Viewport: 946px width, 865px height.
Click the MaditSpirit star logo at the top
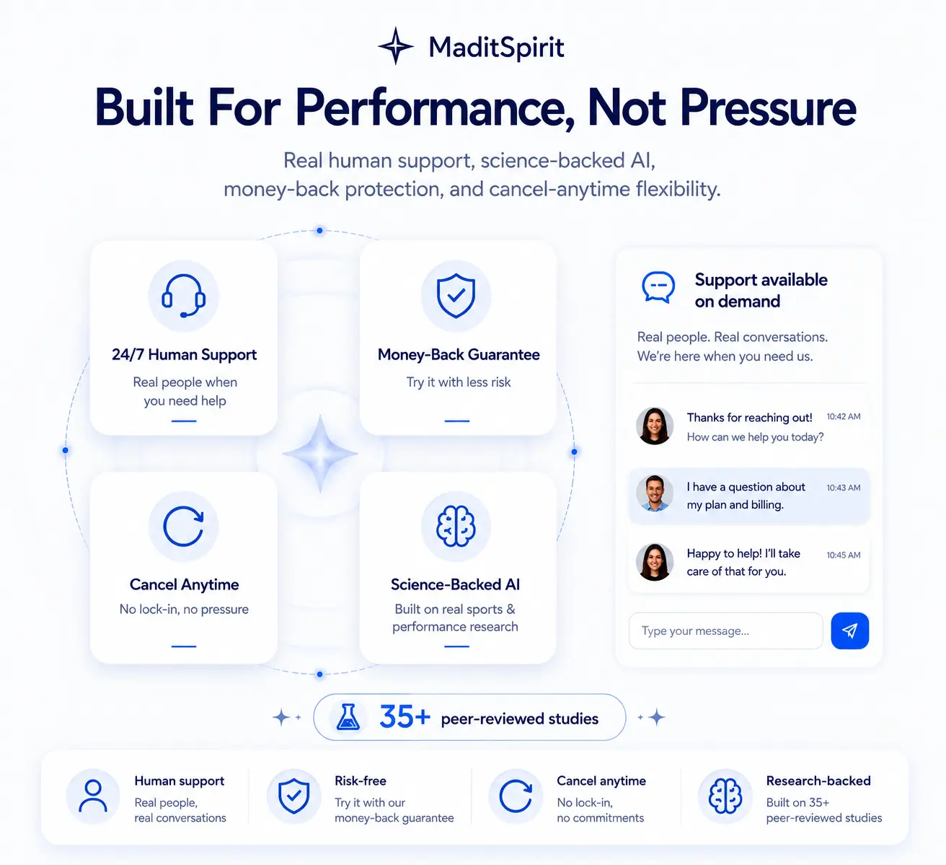click(396, 45)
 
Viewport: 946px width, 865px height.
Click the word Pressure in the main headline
click(768, 108)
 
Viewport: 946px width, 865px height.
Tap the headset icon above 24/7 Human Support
click(183, 296)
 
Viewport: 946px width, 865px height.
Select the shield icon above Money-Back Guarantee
click(456, 295)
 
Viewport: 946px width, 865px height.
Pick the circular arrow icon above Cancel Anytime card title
click(183, 526)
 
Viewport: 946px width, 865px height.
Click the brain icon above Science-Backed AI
click(456, 526)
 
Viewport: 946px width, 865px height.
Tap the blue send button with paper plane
click(850, 631)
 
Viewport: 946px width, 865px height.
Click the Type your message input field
click(726, 631)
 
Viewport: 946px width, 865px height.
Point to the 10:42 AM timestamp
click(843, 417)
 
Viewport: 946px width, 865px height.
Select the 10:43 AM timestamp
click(843, 488)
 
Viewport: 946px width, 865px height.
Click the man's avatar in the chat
click(655, 493)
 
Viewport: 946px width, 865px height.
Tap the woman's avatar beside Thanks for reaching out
click(655, 426)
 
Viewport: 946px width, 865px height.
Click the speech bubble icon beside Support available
click(658, 287)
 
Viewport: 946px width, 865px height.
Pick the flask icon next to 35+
click(348, 717)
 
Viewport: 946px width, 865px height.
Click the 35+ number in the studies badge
click(405, 717)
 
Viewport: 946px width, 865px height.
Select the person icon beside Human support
click(93, 796)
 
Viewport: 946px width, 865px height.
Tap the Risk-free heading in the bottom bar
click(361, 781)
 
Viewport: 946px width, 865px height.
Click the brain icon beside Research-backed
click(725, 796)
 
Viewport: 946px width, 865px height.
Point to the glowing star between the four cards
click(320, 454)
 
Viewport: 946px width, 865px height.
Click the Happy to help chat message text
click(743, 562)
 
